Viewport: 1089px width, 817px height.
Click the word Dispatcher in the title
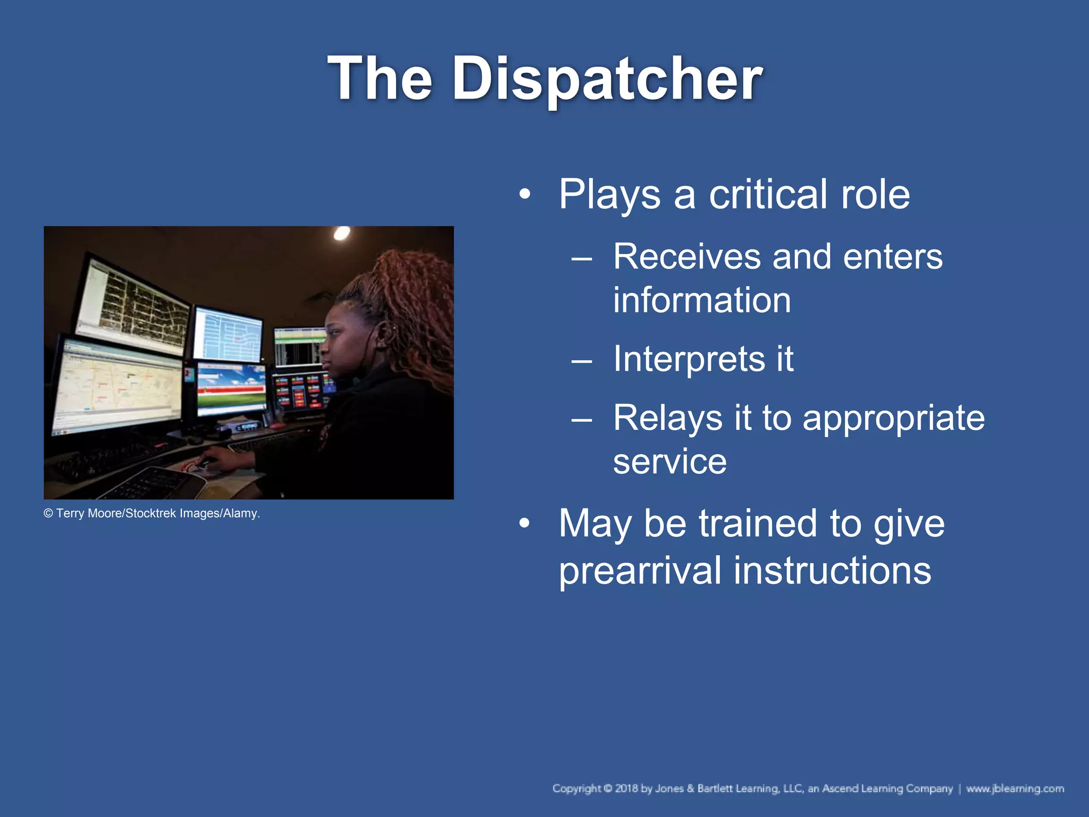coord(607,79)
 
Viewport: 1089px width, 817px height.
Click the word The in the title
coord(380,79)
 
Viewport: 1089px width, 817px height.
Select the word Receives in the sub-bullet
coord(685,256)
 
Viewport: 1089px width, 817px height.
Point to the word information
coord(702,300)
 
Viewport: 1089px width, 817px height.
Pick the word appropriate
coord(893,418)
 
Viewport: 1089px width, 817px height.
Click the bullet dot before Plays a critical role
coord(525,195)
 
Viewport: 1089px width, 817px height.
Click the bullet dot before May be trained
coord(525,524)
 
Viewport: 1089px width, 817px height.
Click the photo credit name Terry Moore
coord(89,513)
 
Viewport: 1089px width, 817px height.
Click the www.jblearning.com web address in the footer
coord(1015,788)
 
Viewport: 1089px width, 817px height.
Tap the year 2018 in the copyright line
coord(626,788)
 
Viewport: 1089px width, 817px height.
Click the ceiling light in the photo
coord(341,233)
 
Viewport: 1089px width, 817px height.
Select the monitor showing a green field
coord(231,388)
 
